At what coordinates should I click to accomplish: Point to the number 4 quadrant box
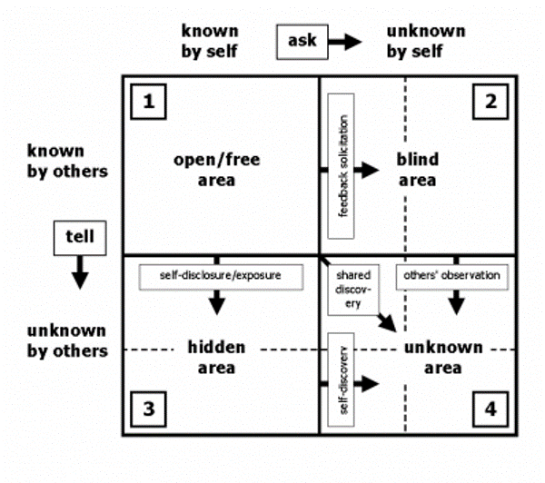(490, 409)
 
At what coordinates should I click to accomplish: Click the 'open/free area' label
(217, 170)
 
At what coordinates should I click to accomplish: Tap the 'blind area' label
(417, 170)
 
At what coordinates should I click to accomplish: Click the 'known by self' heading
(210, 40)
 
